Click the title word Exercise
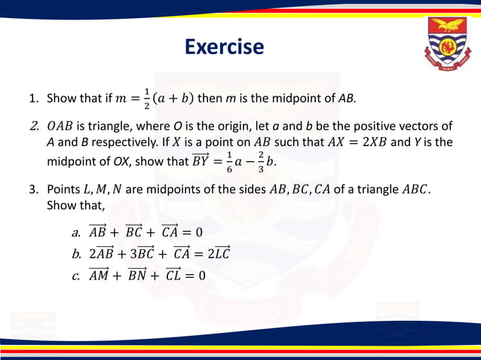tap(225, 47)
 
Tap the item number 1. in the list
tap(34, 99)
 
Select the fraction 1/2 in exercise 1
tap(146, 98)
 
